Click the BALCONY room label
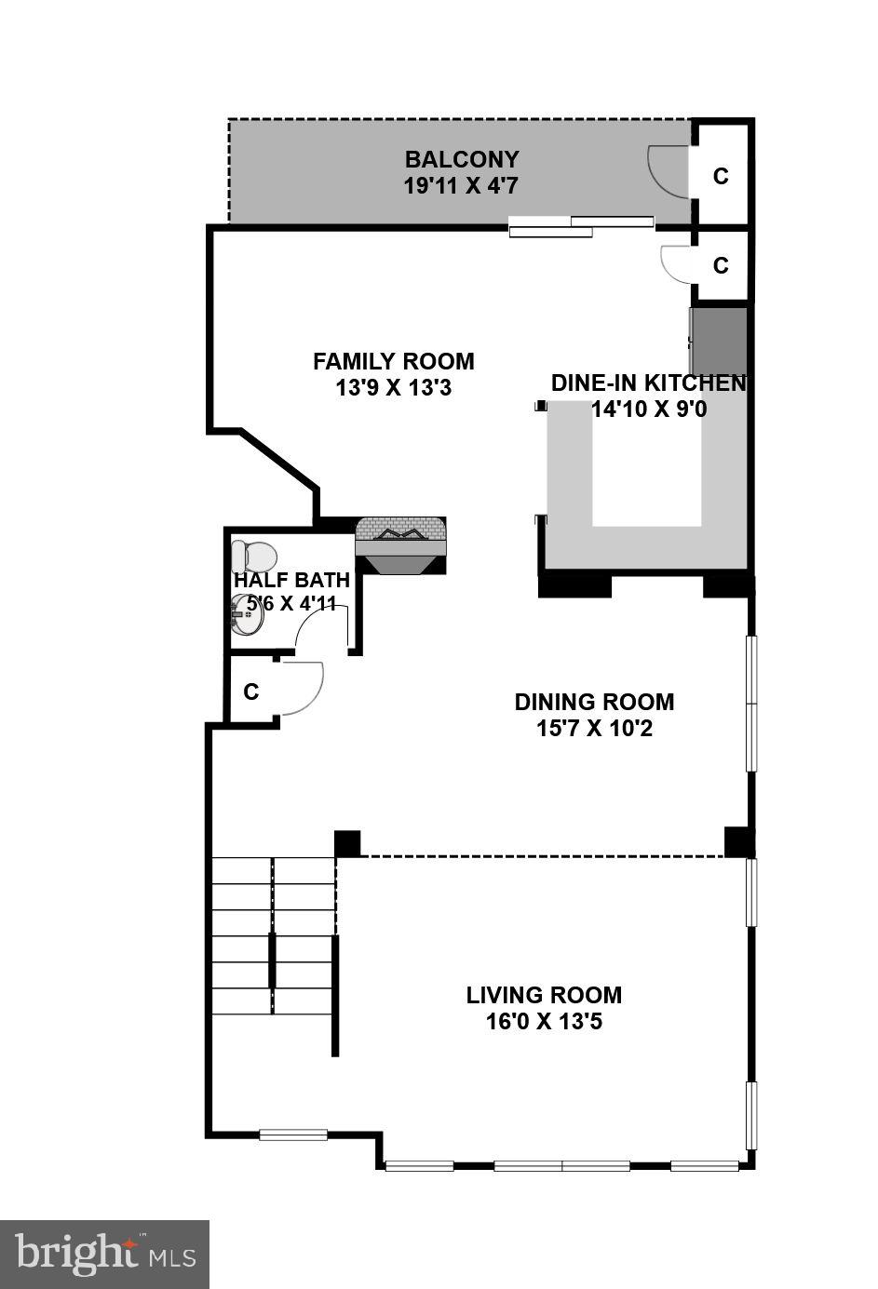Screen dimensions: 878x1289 [463, 159]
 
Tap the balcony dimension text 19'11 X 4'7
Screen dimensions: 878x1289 [461, 186]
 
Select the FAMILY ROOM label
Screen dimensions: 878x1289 [394, 361]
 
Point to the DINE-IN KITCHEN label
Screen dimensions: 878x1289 [649, 383]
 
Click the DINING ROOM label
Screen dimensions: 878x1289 [594, 702]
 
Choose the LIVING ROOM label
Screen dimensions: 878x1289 [544, 996]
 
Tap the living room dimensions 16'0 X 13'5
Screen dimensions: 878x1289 [544, 1022]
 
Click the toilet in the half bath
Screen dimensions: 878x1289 [254, 556]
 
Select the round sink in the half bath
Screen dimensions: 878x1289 [248, 614]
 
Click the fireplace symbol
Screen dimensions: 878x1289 [400, 545]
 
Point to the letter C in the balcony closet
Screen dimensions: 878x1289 [721, 176]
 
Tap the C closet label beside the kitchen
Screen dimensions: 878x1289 [721, 265]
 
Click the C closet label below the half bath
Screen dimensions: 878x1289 [251, 691]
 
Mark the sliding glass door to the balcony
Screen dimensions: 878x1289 [582, 226]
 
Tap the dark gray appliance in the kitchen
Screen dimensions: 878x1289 [719, 342]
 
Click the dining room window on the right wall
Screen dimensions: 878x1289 [752, 703]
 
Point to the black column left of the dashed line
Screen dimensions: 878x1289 [347, 843]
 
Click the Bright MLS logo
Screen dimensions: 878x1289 [104, 1253]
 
